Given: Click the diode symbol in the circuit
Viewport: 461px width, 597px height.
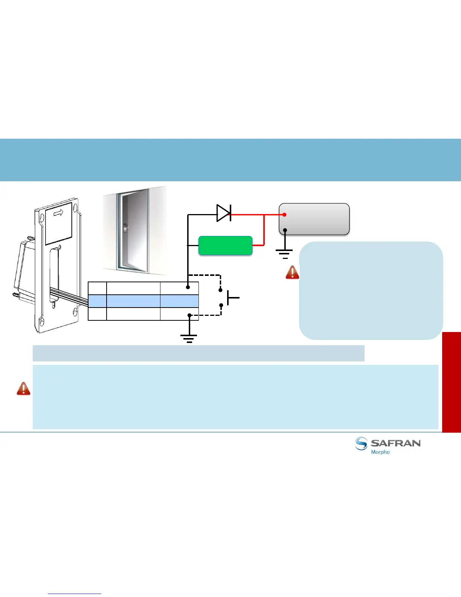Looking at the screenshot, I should pos(224,213).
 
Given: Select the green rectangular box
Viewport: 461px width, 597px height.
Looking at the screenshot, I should pos(225,246).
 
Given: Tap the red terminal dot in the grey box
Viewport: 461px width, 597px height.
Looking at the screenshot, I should pos(285,215).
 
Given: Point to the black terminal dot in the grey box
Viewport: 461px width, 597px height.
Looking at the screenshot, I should pos(285,230).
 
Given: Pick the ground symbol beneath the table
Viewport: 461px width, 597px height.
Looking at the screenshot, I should pos(189,338).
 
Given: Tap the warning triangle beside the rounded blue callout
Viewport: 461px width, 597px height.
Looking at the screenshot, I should pos(292,272).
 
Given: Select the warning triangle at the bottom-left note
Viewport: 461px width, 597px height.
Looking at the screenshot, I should pos(23,389).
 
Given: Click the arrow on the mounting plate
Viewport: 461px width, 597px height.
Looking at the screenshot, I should pos(58,213).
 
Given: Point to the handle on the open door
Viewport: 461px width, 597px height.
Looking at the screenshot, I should pos(125,228).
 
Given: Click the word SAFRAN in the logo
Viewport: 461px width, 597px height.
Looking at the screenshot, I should pos(395,443).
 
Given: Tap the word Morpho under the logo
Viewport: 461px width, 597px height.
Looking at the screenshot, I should pos(380,452).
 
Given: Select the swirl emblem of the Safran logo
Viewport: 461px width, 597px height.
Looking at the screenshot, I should pos(361,444).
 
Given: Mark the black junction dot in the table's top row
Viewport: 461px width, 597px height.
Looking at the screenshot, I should pos(188,287).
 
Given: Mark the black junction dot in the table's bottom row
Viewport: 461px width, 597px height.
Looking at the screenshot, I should pos(189,315).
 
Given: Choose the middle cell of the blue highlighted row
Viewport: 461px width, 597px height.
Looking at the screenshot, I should pos(133,301).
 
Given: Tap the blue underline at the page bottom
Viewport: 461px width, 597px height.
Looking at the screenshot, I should pos(75,594).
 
